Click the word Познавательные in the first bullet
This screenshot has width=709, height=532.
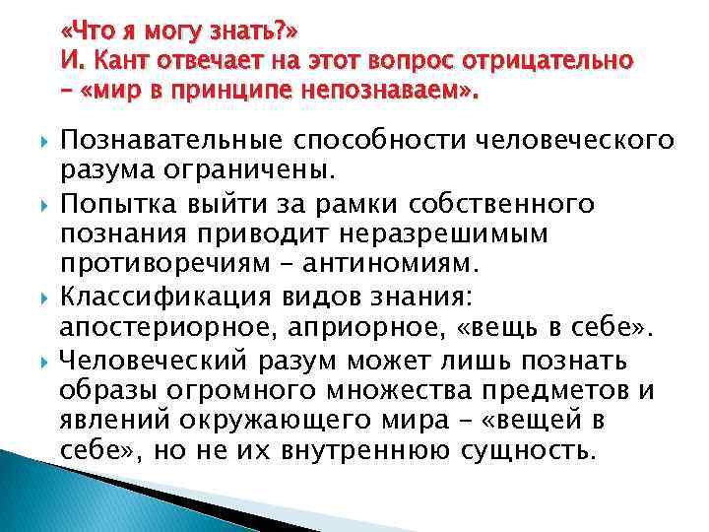(x=166, y=141)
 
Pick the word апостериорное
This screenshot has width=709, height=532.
(x=163, y=327)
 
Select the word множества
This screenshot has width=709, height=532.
(x=401, y=390)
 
